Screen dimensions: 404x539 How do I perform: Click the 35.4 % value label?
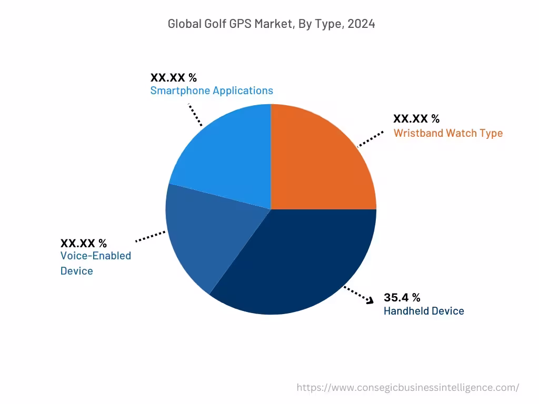[402, 297]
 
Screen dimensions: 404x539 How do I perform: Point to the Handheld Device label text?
[424, 311]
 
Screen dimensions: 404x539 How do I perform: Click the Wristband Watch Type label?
[448, 133]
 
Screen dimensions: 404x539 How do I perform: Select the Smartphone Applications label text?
[212, 90]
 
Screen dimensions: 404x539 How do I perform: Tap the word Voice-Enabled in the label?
[95, 256]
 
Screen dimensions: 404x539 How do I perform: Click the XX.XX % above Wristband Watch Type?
[416, 119]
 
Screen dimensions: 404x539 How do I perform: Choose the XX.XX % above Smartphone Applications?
[173, 77]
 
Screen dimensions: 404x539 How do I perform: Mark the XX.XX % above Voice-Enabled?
[84, 243]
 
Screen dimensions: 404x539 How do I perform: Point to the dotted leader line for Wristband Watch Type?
[371, 139]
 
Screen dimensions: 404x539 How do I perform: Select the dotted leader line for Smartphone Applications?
[195, 114]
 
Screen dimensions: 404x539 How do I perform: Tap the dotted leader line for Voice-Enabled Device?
[151, 236]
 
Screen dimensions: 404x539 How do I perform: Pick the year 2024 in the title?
[361, 24]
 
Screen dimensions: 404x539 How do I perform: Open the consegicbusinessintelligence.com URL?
[407, 388]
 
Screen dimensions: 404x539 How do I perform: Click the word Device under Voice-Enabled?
[76, 271]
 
